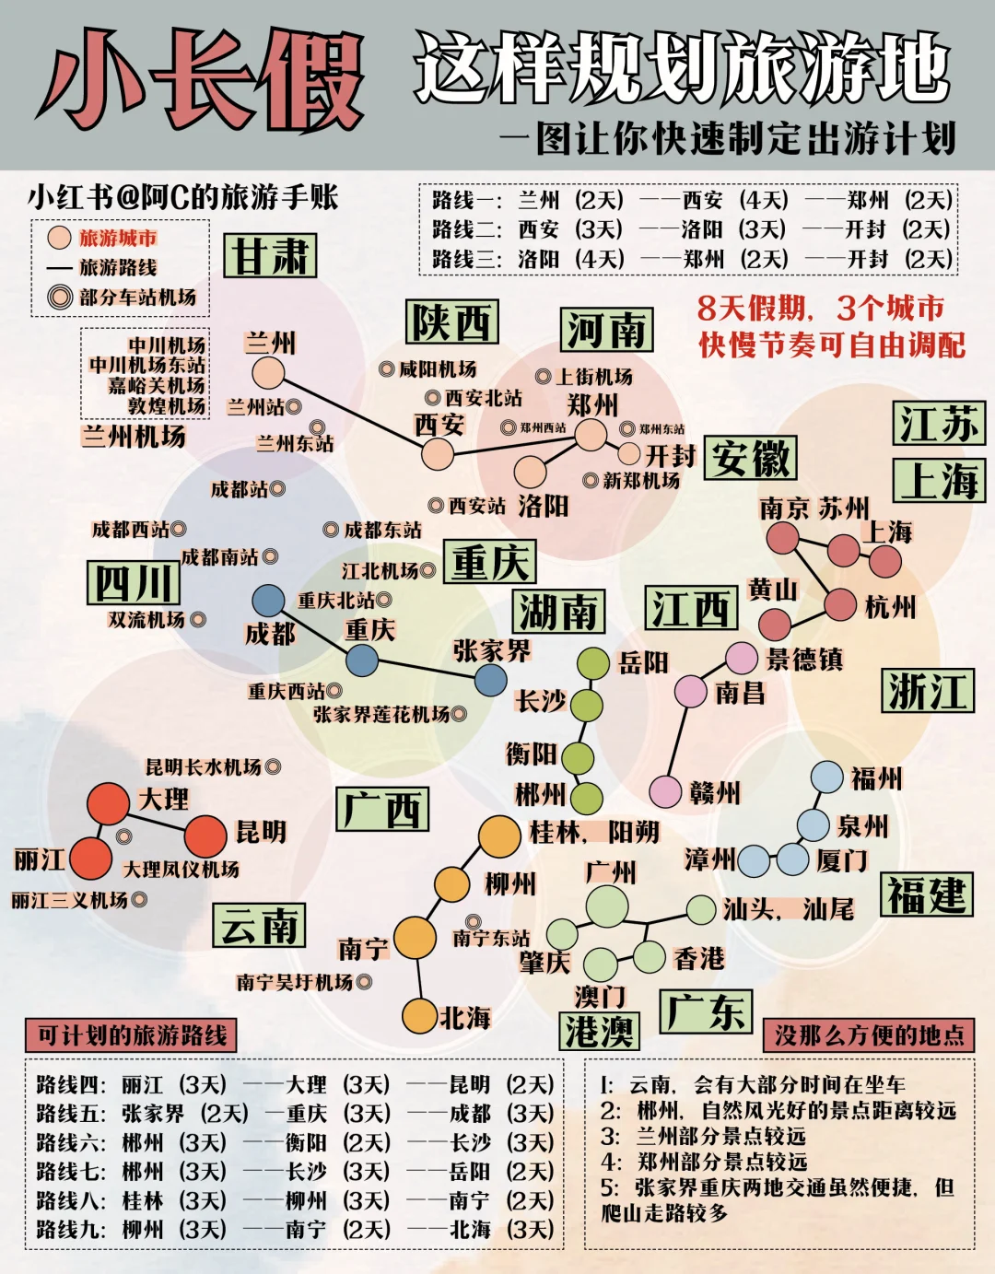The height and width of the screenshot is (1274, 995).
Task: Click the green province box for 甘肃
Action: coord(270,255)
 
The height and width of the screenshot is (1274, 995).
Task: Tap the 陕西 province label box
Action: coord(451,322)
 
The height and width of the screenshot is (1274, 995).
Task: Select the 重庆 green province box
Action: coord(490,562)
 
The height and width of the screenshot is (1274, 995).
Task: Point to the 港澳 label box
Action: coord(599,1031)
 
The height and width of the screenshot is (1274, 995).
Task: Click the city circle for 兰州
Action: coord(268,373)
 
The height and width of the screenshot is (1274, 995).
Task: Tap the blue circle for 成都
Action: coord(268,601)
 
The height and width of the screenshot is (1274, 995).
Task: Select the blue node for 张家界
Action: coord(491,680)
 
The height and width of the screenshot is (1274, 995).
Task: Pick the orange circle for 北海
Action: coord(420,1015)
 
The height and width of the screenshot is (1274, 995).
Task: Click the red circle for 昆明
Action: coord(205,836)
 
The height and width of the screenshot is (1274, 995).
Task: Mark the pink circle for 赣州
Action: coord(664,791)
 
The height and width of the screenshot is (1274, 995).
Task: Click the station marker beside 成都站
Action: coord(277,489)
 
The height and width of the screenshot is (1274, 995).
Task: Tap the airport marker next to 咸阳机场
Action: coord(387,369)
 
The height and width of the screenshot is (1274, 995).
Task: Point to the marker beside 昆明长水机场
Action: coord(273,766)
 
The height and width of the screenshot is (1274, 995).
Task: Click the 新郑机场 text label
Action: coord(641,480)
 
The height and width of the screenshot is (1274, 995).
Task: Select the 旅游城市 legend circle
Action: coord(60,238)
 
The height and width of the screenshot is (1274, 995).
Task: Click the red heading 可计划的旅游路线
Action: coord(132,1035)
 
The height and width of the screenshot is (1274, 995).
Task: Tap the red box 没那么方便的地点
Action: coord(869,1035)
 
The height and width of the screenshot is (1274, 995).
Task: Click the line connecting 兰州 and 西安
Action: coord(353,414)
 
